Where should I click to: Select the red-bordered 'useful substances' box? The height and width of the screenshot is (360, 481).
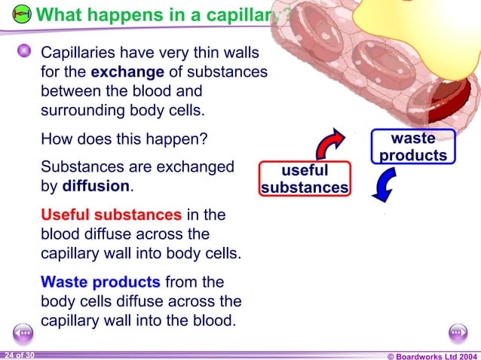(x=305, y=179)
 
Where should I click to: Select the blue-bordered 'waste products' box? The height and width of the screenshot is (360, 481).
(x=413, y=147)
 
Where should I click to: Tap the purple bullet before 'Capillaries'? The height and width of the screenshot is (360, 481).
(x=25, y=51)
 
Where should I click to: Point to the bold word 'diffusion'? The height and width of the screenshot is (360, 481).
(x=102, y=185)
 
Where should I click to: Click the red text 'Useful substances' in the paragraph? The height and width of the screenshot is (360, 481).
(x=111, y=215)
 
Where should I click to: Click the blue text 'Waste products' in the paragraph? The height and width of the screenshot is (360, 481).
(x=100, y=282)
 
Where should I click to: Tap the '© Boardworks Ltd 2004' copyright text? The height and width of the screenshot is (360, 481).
(x=432, y=355)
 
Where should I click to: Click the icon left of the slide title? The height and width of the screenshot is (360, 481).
(x=23, y=14)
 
